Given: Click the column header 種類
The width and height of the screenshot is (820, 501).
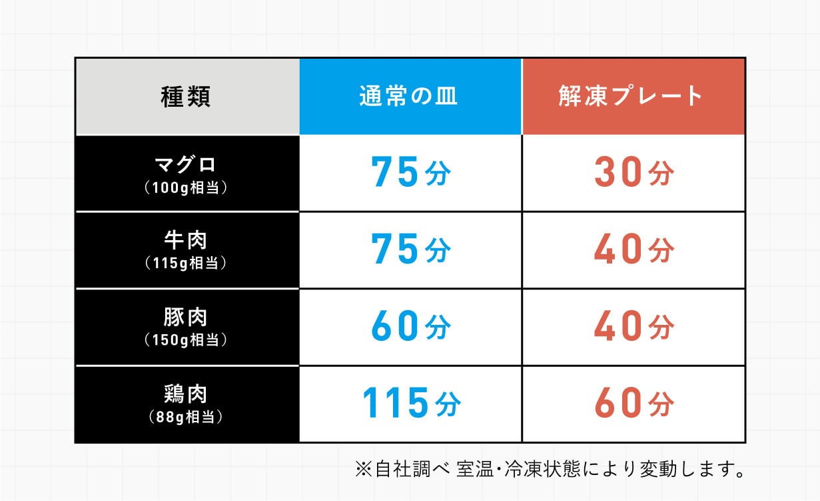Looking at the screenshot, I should click(186, 97).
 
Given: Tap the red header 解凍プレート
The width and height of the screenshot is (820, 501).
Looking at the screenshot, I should click(631, 97).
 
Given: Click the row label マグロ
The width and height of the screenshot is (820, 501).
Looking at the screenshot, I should click(186, 164).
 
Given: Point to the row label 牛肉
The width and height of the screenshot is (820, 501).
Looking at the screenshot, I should click(186, 240).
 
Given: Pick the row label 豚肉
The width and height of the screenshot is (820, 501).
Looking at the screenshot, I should click(186, 317).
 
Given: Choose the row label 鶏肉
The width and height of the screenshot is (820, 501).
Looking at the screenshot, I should click(186, 394).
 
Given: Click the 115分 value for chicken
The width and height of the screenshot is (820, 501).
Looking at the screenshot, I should click(410, 404).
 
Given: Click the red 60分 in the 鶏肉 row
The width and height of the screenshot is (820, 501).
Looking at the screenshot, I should click(633, 404).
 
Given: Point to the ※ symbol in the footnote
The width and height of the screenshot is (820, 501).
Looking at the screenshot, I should click(363, 470).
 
